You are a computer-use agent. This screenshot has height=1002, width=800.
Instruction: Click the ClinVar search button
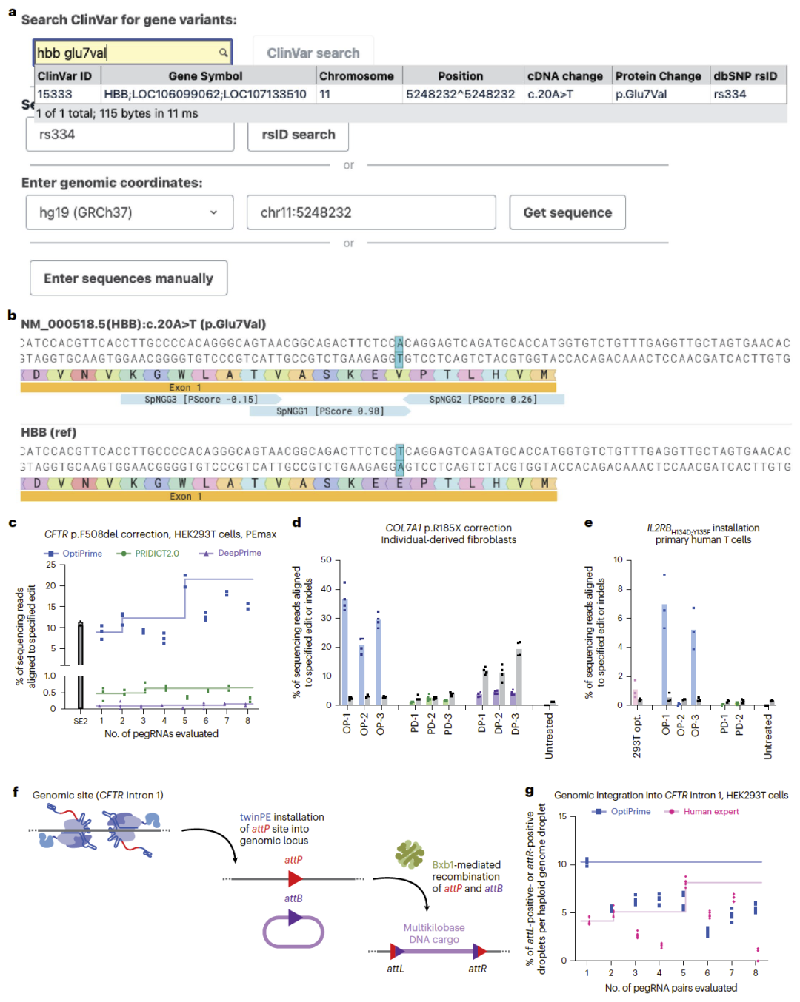(313, 53)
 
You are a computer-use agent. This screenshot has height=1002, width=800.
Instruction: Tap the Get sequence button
(567, 212)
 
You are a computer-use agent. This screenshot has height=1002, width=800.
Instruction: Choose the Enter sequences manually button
(128, 278)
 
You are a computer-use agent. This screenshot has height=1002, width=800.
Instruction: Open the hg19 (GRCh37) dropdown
(129, 212)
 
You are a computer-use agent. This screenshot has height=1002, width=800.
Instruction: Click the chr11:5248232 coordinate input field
(371, 212)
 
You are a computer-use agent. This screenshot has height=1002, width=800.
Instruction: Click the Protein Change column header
(658, 76)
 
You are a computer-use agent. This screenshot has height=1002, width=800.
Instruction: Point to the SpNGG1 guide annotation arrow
(330, 411)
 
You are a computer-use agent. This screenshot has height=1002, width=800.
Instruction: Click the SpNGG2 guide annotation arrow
(484, 399)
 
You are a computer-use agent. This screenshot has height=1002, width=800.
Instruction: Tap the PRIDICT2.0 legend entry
(147, 553)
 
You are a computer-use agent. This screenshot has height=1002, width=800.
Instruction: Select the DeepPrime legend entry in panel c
(230, 553)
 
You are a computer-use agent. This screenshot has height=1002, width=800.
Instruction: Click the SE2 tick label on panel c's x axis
(80, 722)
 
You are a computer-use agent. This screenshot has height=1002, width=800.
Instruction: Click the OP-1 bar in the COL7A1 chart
(345, 651)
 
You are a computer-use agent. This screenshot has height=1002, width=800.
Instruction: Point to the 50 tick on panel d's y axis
(327, 559)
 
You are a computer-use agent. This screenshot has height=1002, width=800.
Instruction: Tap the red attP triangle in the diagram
(295, 878)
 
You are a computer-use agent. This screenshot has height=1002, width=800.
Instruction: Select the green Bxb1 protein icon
(410, 855)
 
